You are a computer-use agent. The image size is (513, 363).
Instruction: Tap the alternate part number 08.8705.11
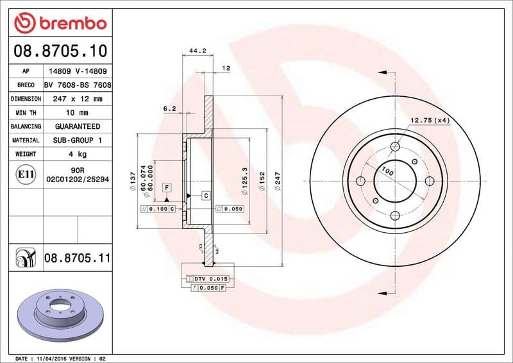click(78, 258)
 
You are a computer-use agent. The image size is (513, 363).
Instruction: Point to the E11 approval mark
click(26, 173)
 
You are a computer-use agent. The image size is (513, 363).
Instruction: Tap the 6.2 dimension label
click(169, 108)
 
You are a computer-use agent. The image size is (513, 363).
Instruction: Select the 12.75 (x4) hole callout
click(429, 120)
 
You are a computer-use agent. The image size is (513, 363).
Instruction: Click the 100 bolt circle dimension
click(387, 171)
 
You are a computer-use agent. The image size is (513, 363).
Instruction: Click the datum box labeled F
click(167, 187)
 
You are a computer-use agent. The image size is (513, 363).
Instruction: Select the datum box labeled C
click(206, 195)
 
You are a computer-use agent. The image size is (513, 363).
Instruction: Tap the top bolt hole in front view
click(395, 148)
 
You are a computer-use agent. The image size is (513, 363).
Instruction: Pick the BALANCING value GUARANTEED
click(77, 126)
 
